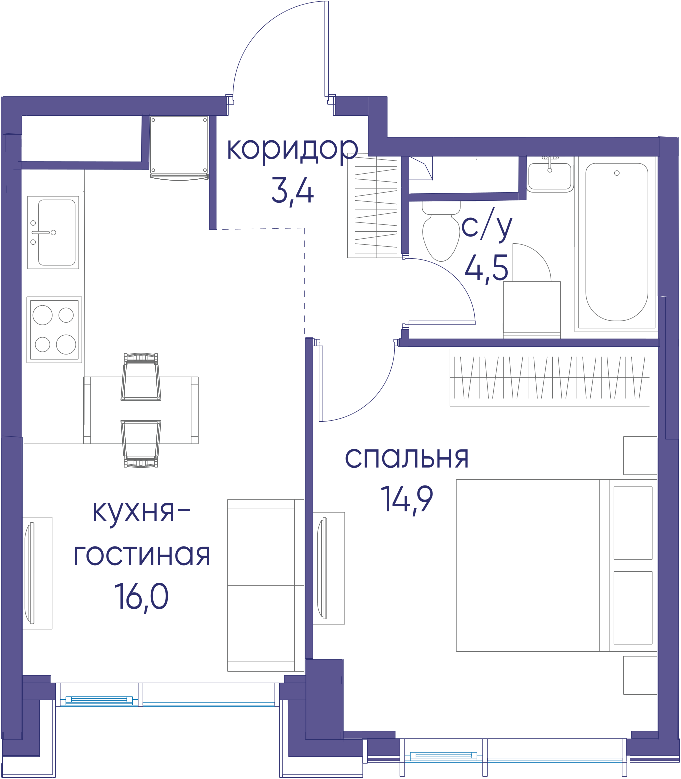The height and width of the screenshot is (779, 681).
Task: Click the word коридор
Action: click(292, 150)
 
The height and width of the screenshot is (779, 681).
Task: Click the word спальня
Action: click(407, 458)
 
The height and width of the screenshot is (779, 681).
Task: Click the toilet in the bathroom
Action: click(441, 230)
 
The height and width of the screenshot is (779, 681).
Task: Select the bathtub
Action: click(617, 242)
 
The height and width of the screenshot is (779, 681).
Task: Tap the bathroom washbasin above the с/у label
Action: click(550, 175)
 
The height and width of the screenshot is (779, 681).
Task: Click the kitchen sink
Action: click(53, 232)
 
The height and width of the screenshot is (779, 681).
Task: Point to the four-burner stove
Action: click(54, 330)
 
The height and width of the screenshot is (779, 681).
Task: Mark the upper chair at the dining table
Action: click(141, 377)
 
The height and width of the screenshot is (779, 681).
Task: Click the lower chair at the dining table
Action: click(141, 444)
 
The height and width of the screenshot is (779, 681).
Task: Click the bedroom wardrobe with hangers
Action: click(550, 377)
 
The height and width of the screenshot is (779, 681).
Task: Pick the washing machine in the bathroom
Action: click(532, 310)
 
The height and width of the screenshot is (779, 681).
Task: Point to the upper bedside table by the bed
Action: click(640, 455)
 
